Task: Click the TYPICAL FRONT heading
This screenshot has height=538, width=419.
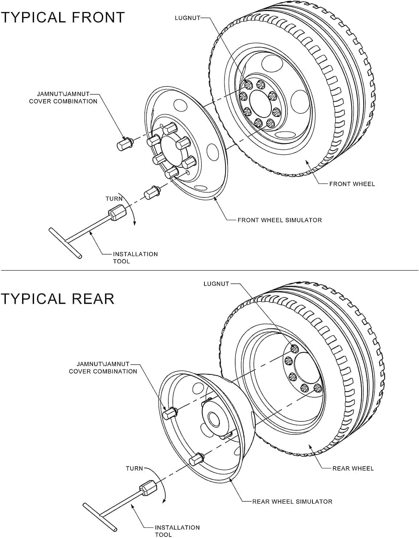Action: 62,17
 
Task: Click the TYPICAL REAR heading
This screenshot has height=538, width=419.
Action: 57,299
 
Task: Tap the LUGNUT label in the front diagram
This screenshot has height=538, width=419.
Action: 187,18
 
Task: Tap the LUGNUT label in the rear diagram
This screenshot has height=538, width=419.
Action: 216,284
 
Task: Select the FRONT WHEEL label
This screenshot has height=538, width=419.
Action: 352,184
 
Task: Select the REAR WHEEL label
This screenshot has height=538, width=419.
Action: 353,468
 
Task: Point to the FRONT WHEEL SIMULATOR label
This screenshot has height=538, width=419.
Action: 279,220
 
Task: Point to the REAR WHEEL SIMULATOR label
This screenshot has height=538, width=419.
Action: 292,501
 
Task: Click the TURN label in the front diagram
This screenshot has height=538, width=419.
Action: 114,199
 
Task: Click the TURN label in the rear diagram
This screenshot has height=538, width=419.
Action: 134,468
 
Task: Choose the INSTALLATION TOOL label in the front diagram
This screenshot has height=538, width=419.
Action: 135,258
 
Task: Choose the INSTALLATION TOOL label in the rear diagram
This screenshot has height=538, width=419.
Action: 177,531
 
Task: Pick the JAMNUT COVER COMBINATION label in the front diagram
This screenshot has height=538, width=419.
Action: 63,98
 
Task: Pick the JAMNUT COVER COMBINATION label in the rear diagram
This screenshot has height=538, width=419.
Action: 103,367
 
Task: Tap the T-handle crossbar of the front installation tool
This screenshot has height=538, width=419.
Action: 66,243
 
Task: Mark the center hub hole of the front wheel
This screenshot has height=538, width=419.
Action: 259,103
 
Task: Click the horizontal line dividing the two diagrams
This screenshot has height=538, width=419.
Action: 209,270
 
